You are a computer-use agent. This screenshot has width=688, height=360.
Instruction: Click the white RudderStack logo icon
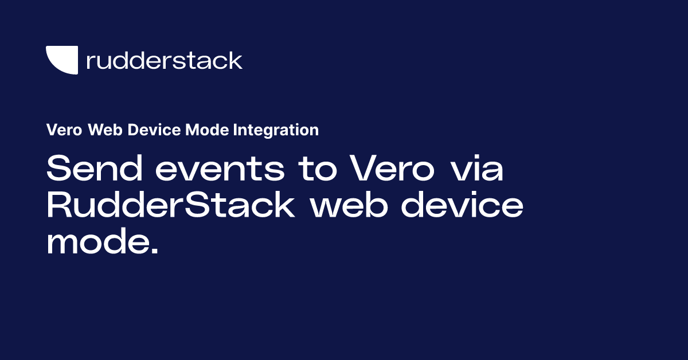pos(61,60)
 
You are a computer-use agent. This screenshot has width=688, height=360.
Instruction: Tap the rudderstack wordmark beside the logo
pos(164,60)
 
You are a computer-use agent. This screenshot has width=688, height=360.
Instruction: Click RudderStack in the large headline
pos(170,205)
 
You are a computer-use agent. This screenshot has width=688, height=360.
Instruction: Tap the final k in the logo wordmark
pos(236,60)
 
